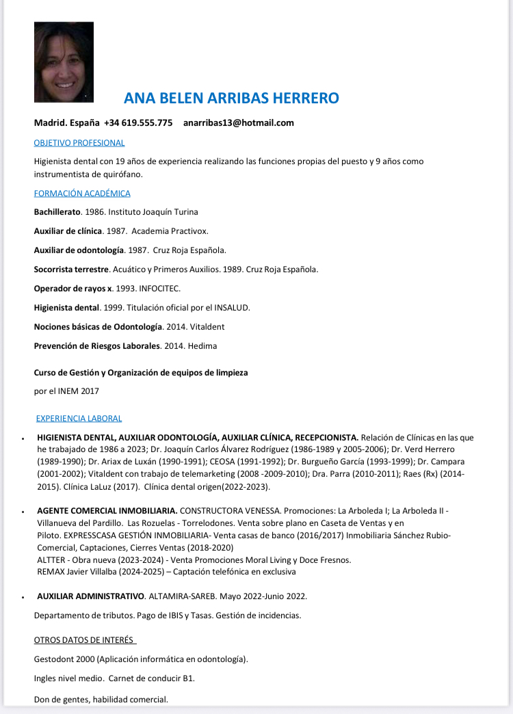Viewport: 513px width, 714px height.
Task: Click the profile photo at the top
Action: coord(64,62)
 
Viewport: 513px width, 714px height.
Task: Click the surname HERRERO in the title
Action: coord(306,98)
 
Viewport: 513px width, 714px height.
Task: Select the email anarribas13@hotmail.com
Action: coord(238,123)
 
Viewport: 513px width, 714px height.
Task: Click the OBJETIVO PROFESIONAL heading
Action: coord(79,143)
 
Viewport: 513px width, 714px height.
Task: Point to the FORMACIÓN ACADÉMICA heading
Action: coord(82,194)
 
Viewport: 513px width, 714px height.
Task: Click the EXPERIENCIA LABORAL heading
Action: coord(79,419)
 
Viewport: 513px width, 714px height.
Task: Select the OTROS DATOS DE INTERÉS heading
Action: coord(85,640)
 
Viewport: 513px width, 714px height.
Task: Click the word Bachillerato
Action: coord(57,212)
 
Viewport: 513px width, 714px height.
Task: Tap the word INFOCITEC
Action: coord(161,289)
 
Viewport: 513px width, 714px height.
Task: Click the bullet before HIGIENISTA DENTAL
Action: coord(23,438)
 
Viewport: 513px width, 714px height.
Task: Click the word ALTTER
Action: coord(51,560)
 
